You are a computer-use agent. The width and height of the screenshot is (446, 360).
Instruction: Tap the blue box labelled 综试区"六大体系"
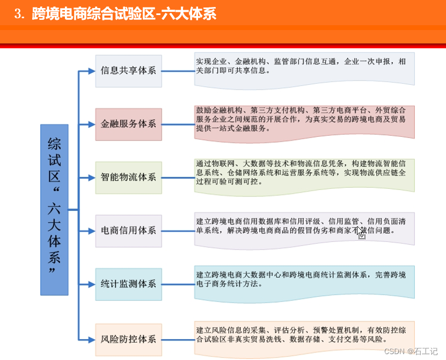click(x=54, y=210)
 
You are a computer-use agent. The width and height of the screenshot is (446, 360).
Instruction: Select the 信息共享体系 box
click(x=128, y=71)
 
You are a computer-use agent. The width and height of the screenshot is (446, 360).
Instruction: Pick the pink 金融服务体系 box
click(x=128, y=124)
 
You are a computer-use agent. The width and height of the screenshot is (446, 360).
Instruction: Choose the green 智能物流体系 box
click(x=128, y=177)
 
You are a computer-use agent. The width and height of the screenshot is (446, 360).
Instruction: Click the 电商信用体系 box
click(x=128, y=231)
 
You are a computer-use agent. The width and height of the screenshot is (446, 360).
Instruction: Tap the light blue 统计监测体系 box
click(x=128, y=284)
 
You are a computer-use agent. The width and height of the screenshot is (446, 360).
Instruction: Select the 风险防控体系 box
click(x=128, y=339)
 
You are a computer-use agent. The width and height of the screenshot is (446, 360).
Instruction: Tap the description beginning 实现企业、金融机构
click(x=304, y=69)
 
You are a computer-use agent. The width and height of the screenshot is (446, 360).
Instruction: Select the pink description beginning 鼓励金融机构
click(x=304, y=121)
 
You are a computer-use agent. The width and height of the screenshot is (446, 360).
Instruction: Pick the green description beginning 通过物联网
click(x=304, y=174)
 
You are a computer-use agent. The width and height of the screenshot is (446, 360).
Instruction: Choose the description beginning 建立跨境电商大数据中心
click(x=304, y=282)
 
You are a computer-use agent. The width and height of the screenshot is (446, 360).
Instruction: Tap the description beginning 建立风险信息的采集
click(x=304, y=336)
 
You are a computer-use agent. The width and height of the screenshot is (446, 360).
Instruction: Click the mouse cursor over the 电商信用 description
click(x=361, y=232)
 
